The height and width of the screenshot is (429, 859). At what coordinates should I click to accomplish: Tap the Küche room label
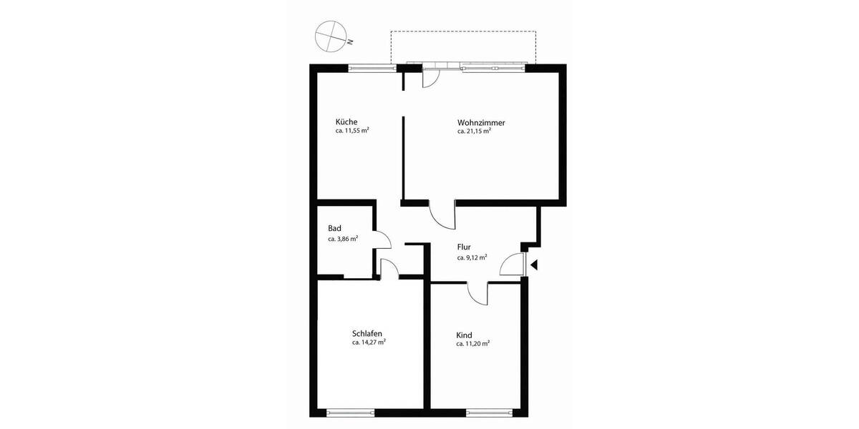(x=347, y=122)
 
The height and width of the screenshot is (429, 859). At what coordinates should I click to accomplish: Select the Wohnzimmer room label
(x=481, y=122)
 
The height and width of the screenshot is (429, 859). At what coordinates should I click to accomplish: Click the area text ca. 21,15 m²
(x=474, y=132)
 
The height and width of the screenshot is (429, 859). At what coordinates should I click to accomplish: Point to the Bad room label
(x=334, y=229)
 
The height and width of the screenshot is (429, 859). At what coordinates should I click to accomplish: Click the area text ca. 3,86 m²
(x=343, y=239)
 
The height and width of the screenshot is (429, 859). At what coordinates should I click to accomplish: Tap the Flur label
(x=464, y=247)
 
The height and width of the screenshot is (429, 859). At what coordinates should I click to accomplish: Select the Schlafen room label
(x=367, y=333)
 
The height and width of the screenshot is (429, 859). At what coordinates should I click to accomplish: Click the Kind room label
(x=464, y=335)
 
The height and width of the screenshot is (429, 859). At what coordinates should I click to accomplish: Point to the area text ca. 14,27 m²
(x=369, y=342)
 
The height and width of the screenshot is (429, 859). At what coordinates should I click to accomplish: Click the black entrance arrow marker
(x=533, y=265)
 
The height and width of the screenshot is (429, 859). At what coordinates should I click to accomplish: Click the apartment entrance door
(x=513, y=264)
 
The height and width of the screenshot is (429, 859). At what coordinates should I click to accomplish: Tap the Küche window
(x=372, y=69)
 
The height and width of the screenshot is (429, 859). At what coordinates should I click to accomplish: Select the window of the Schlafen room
(x=351, y=413)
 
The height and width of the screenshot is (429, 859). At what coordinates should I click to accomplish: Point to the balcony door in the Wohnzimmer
(x=432, y=77)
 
